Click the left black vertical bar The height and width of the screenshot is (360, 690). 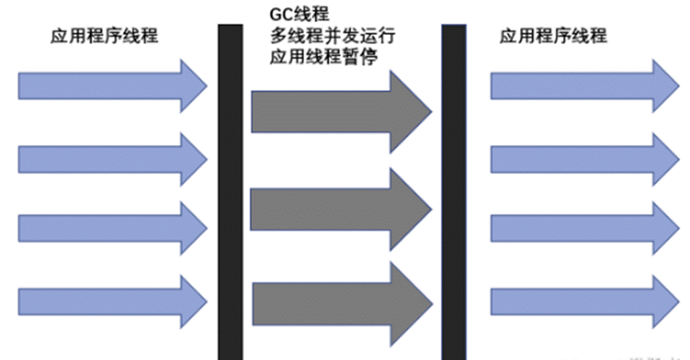230,191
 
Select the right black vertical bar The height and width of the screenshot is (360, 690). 453,191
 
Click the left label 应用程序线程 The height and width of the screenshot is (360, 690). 104,36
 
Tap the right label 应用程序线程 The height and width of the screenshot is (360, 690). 553,36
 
